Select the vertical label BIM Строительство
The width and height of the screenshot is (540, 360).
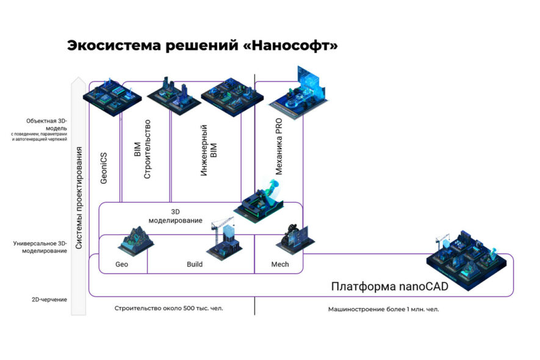click(x=142, y=149)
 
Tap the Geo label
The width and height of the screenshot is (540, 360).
click(x=121, y=265)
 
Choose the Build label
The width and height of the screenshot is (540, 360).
click(x=195, y=265)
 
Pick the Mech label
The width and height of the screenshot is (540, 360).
click(x=279, y=265)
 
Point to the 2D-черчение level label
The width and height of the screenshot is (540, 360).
click(x=49, y=300)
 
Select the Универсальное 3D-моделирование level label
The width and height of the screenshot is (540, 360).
click(x=40, y=247)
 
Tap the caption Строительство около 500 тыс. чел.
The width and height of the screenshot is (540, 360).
click(x=168, y=308)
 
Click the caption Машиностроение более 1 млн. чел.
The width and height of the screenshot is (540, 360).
click(x=383, y=309)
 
